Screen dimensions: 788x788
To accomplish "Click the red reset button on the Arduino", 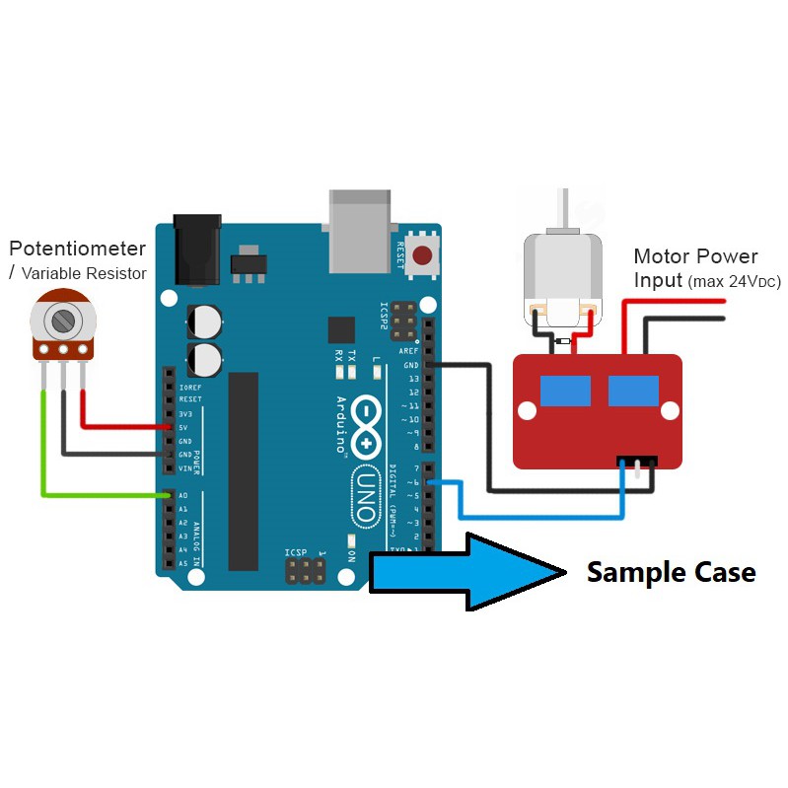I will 423,257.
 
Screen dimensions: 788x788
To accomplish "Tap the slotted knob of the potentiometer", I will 64,319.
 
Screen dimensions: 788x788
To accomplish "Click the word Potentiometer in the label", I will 77,249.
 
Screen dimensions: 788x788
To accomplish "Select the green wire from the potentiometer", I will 43,444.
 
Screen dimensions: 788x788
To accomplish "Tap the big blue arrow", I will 464,571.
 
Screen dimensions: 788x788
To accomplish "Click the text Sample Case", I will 671,572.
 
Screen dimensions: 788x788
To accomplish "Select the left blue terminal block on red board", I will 564,391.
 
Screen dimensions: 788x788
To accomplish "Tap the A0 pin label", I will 183,495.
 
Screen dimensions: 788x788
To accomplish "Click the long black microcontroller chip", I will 243,471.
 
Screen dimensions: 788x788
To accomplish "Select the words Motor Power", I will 696,256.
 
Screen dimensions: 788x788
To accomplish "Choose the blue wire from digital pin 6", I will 533,515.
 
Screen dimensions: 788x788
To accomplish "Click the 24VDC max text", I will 734,282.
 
